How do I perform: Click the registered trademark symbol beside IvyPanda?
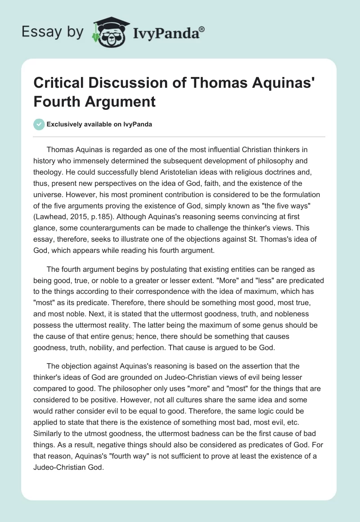pos(202,29)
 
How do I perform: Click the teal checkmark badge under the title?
pos(39,124)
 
